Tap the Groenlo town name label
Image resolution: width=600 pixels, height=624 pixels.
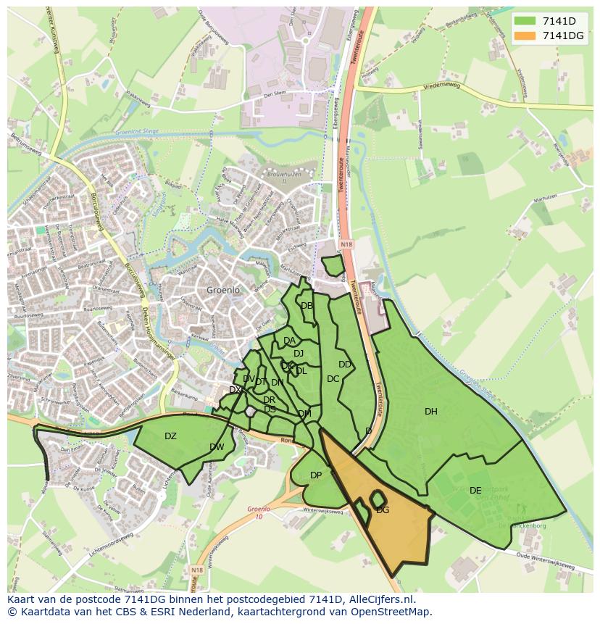pos(222,290)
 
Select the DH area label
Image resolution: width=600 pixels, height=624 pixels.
pos(431,412)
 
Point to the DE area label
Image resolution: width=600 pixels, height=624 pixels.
pos(475,491)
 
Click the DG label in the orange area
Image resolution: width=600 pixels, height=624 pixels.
pos(383,510)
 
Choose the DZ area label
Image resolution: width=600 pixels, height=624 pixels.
pos(170,436)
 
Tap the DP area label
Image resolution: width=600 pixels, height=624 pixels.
pos(316,475)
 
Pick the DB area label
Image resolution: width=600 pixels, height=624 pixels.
pos(307,306)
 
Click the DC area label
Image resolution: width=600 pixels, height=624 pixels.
pos(333,379)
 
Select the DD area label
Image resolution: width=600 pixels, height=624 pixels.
pos(345,365)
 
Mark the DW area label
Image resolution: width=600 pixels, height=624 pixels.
pos(217,447)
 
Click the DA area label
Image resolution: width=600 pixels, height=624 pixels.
pos(289,341)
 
